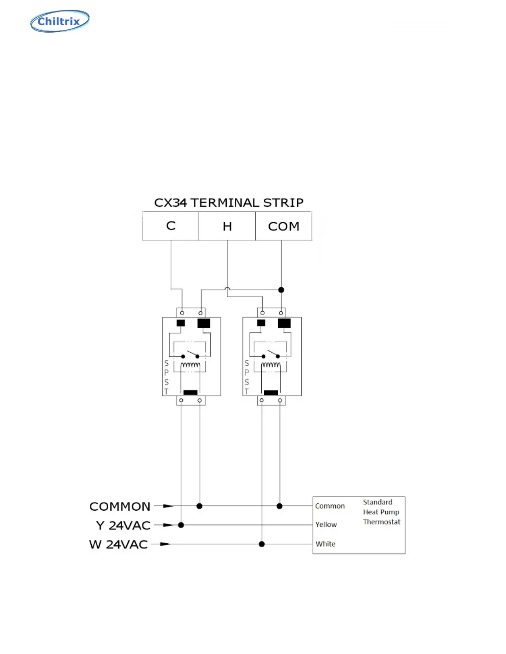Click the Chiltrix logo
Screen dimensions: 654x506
click(60, 21)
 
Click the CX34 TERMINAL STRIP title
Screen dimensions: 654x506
click(229, 203)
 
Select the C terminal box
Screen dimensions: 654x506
click(170, 226)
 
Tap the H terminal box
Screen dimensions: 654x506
click(227, 226)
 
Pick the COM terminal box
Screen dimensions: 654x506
click(284, 226)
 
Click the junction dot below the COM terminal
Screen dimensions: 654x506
click(281, 290)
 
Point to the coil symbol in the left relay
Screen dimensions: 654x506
click(190, 365)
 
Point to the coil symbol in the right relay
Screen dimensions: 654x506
click(270, 365)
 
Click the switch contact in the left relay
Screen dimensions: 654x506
click(191, 354)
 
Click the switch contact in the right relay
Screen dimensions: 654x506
click(271, 354)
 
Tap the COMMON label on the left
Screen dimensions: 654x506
click(120, 507)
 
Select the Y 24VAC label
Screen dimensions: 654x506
click(123, 526)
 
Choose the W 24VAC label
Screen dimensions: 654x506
click(119, 545)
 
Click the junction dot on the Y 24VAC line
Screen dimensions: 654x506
click(181, 525)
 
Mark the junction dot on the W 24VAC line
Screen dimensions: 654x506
click(262, 544)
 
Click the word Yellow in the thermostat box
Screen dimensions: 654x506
click(326, 525)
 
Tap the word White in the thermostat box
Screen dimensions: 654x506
click(325, 544)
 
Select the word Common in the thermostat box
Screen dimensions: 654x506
click(329, 506)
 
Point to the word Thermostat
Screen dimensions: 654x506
click(382, 522)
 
